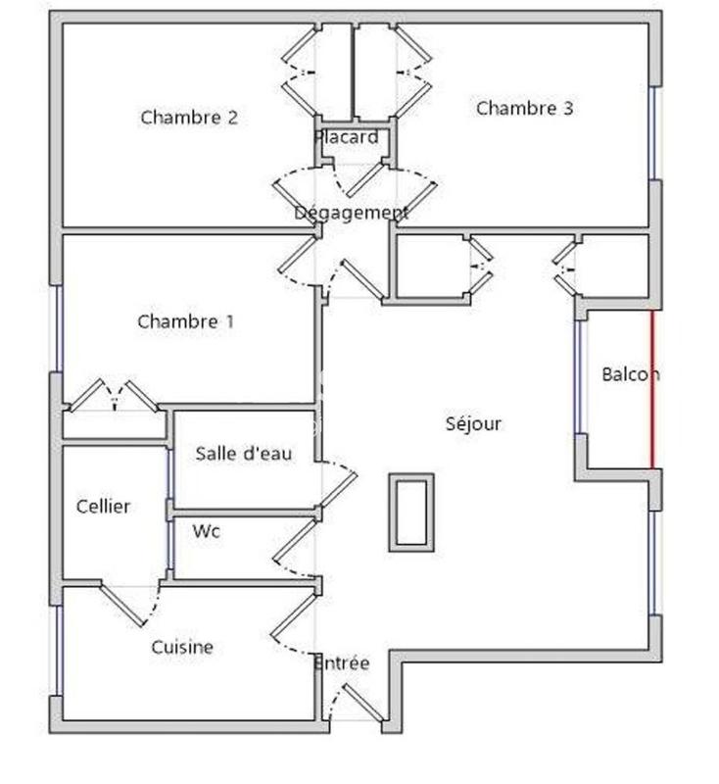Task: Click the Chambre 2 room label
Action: coord(189,118)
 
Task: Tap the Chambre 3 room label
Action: coord(524,109)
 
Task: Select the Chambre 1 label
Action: coord(186,321)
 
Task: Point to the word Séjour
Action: coord(473,423)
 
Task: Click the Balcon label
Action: coord(629,374)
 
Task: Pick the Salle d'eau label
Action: coord(243,453)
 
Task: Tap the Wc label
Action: coord(206,532)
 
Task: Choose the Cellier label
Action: coord(103,507)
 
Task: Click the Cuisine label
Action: coord(182,648)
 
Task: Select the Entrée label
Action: coord(342,663)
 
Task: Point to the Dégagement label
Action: coord(351,213)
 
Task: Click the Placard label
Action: coord(346,137)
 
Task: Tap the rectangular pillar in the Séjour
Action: coord(410,512)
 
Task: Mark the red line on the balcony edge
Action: coord(651,390)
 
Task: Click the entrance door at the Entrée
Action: coord(358,702)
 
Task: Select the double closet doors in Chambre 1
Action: coord(114,396)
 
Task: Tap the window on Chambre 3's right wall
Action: coord(653,133)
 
